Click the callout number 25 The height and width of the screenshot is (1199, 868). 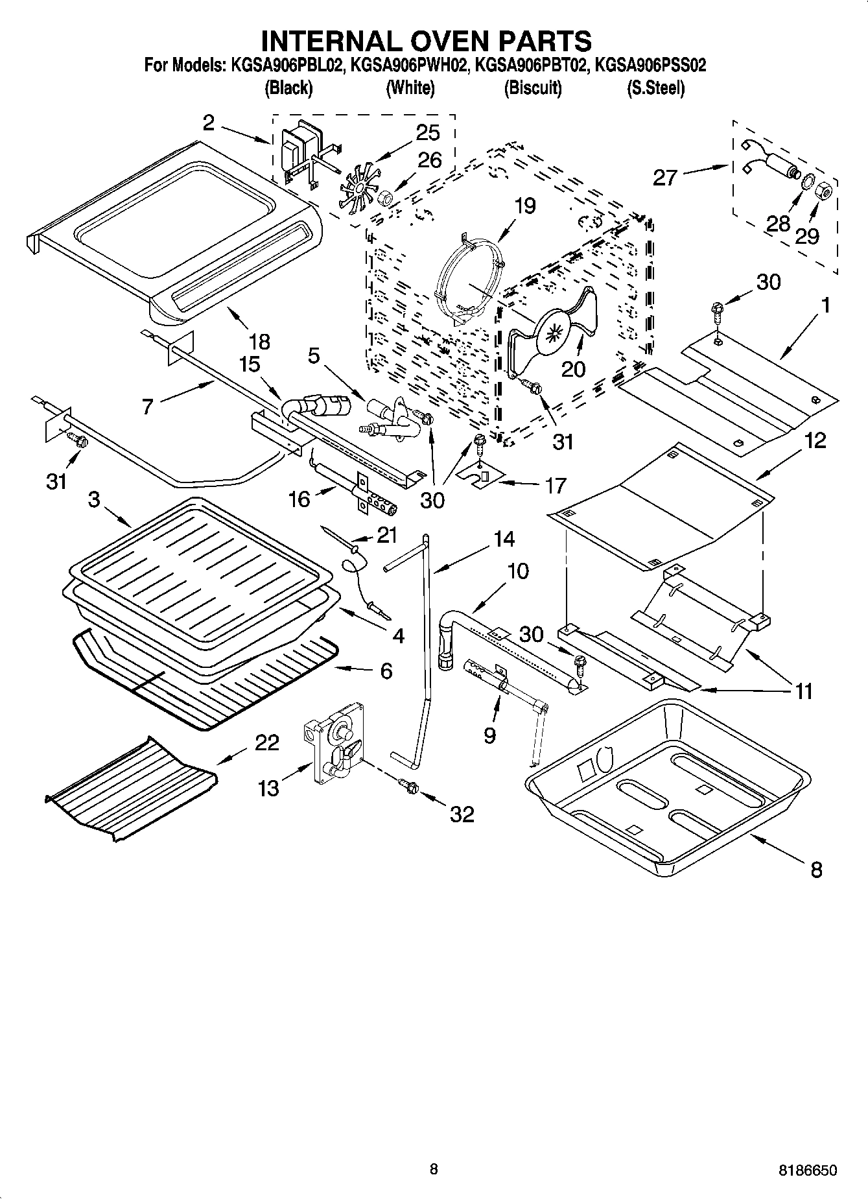pos(428,132)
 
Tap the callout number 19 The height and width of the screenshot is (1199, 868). pos(525,206)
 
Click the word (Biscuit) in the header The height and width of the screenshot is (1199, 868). pos(533,88)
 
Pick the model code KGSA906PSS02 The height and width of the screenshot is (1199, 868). pos(650,65)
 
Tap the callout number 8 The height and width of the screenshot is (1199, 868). pos(816,869)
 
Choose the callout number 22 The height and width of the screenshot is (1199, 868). pos(266,742)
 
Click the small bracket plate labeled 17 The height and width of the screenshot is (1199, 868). pos(482,477)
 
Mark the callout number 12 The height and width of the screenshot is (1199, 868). pos(815,440)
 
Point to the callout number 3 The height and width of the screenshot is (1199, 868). pos(95,499)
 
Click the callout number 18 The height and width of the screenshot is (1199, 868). pos(259,341)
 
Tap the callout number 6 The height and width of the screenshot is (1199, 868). pos(386,671)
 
